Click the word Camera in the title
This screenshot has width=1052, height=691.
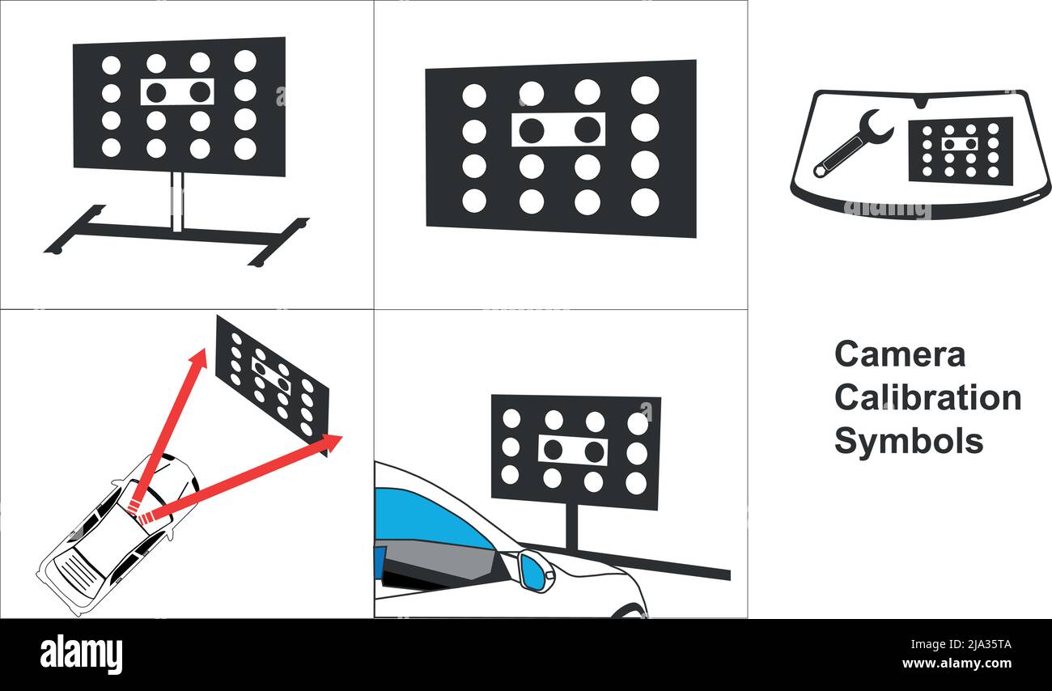coord(899,355)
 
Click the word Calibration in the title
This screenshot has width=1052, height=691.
coord(927,398)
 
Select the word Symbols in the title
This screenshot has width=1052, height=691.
coord(908,442)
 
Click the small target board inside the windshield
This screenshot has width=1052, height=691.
coord(960,150)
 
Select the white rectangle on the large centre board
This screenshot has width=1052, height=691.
coord(558,129)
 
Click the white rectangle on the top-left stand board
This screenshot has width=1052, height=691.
coord(177,91)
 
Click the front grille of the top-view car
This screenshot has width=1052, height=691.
coord(77,574)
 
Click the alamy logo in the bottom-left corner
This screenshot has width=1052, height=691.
coord(81,655)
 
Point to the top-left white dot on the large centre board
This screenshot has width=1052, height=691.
coord(473,95)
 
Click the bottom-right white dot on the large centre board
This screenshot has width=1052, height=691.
coord(644,202)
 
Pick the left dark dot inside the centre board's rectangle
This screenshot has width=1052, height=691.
coord(531,129)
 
